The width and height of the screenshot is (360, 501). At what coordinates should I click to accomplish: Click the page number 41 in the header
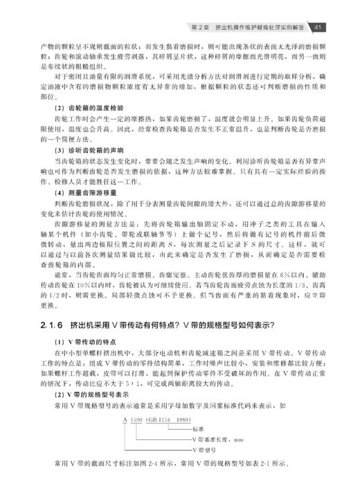point(318,28)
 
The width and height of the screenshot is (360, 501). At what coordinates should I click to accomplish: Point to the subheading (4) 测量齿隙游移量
point(78,192)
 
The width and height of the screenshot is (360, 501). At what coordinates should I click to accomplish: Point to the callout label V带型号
point(204,450)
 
